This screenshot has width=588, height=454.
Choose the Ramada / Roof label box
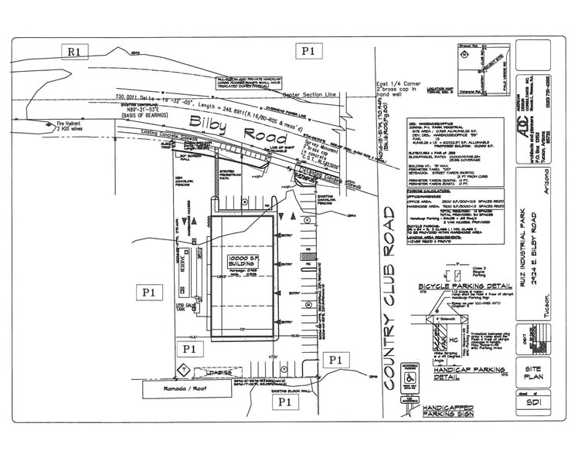187,390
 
